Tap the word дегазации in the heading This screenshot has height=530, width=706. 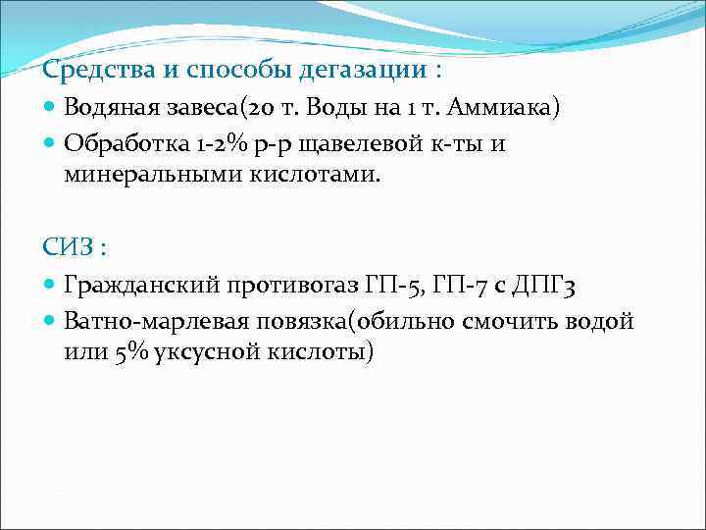(355, 72)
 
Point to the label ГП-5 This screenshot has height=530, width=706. (392, 286)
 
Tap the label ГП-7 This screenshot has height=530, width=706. (461, 286)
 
